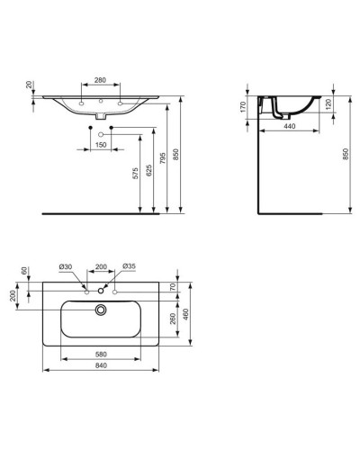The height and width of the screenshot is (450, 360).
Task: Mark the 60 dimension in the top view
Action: coord(27,271)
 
